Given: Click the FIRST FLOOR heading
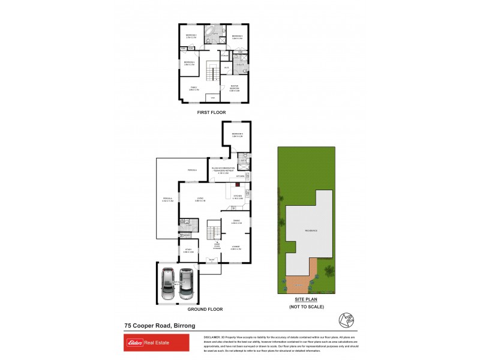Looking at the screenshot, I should [214, 112].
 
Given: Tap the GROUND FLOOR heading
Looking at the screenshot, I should [205, 309].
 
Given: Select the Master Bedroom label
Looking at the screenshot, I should [238, 89].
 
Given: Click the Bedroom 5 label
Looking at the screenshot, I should [238, 134].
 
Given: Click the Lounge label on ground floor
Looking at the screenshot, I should [236, 248].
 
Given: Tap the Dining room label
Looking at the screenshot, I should [236, 222].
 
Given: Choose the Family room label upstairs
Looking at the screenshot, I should [194, 89].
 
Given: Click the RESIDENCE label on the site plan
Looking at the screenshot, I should [310, 230].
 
